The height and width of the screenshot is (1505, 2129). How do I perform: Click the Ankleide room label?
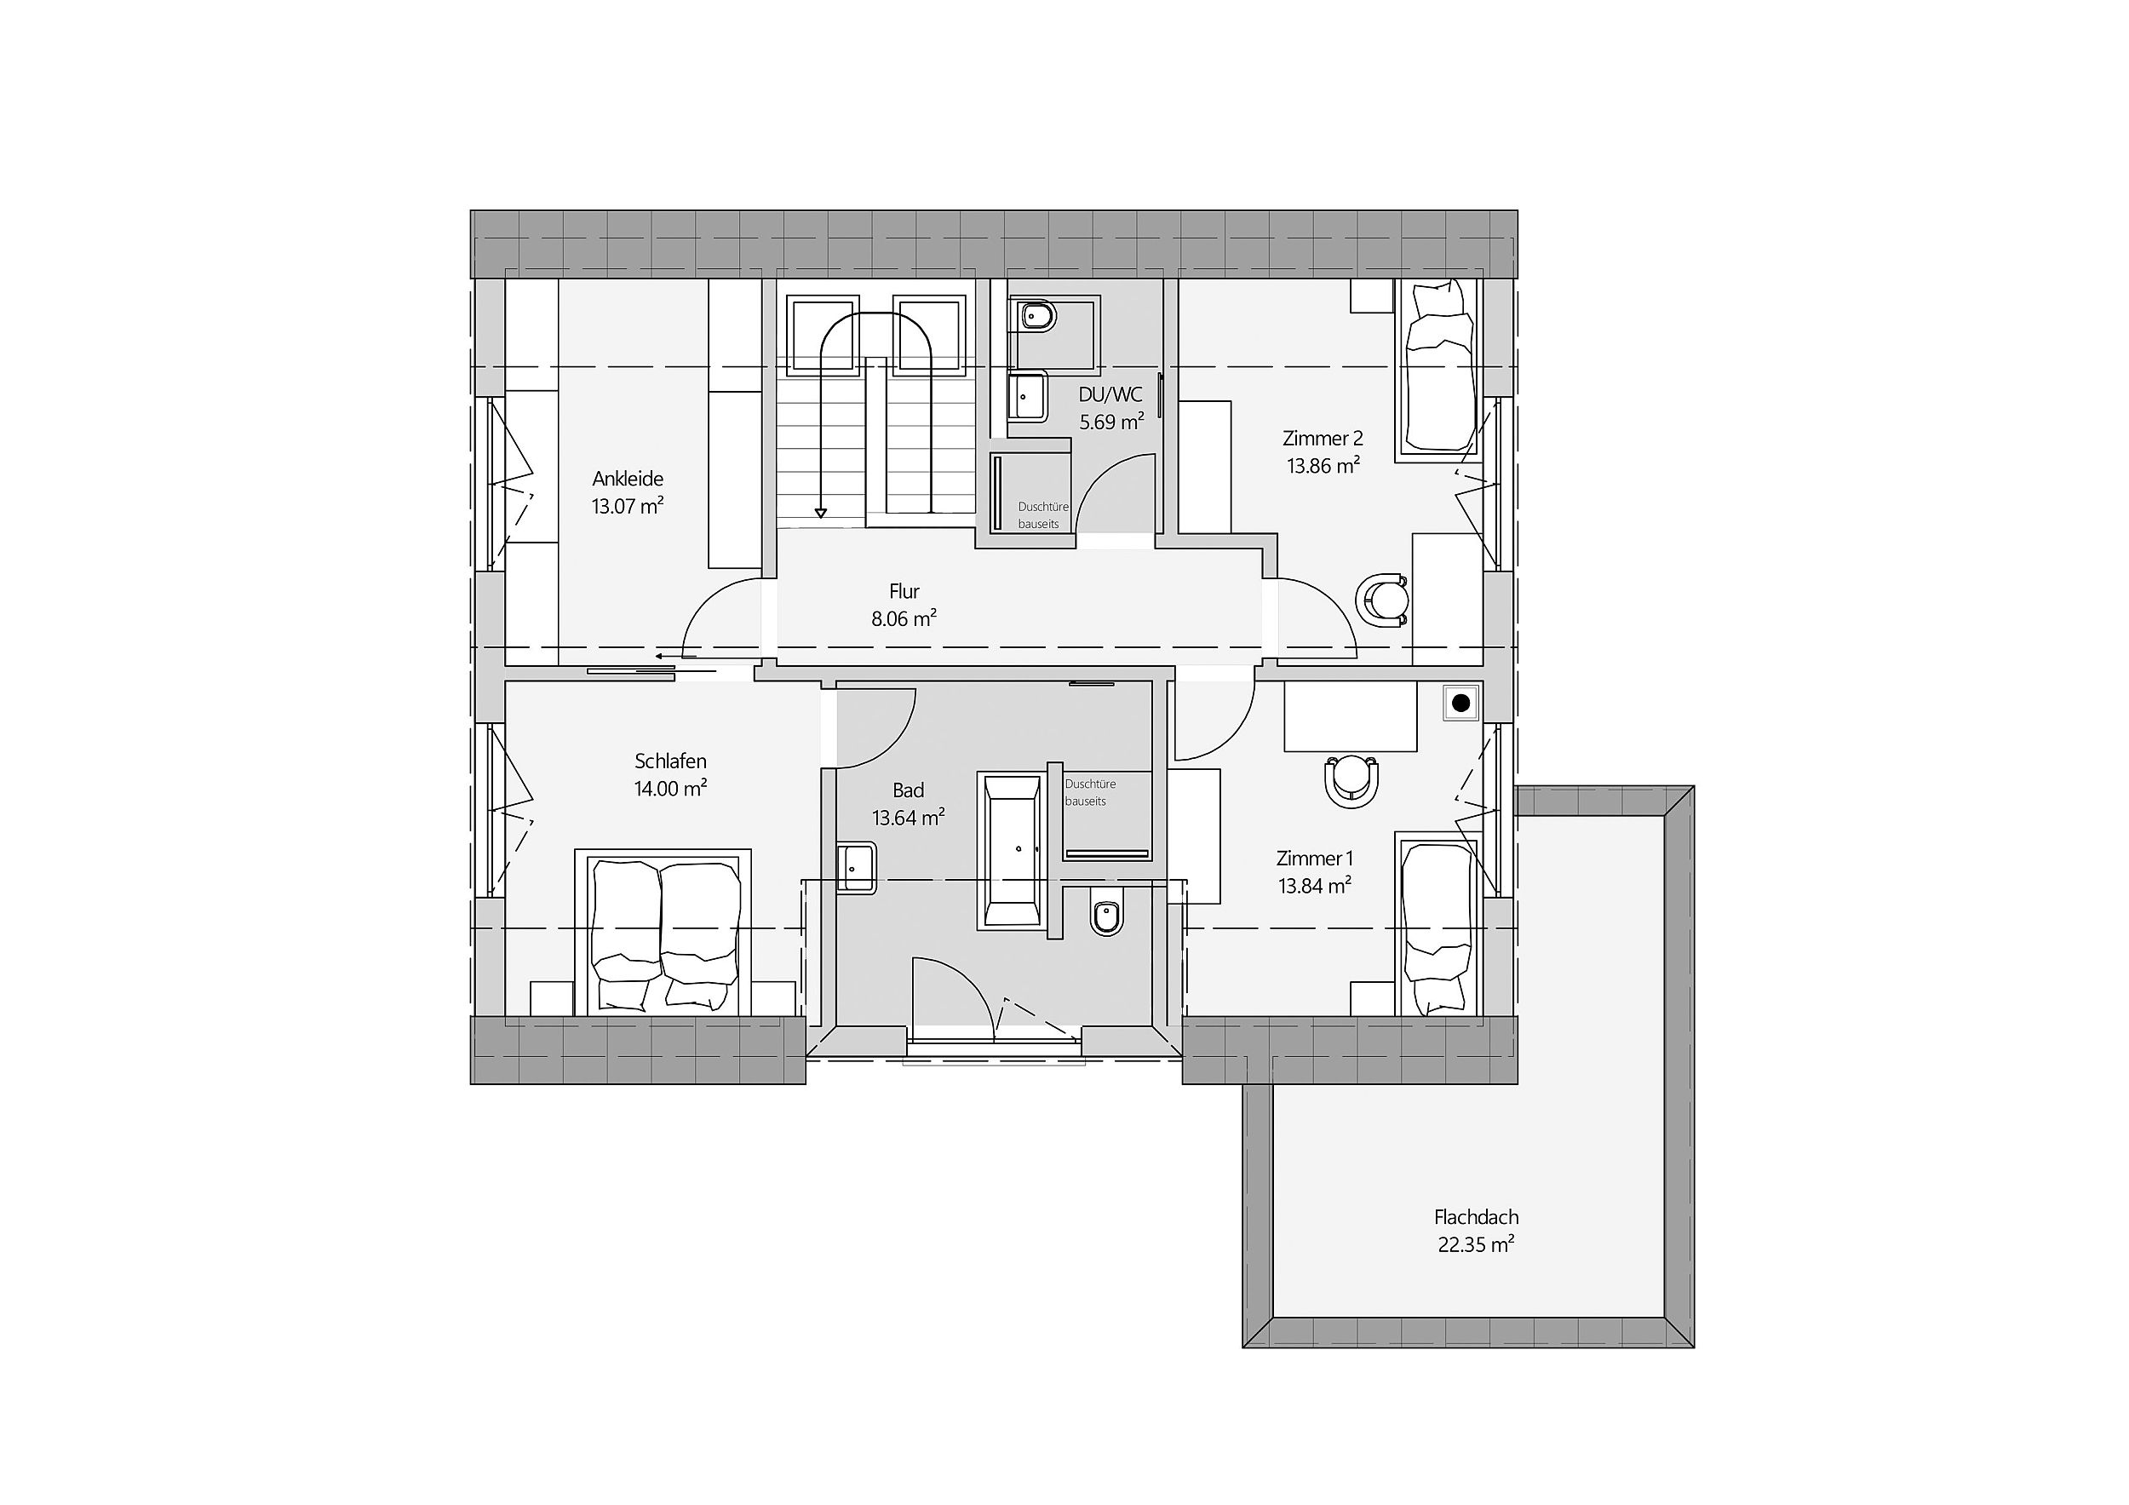[628, 479]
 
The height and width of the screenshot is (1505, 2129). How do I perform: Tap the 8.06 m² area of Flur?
[904, 618]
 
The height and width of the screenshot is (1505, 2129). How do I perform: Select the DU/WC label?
[1110, 394]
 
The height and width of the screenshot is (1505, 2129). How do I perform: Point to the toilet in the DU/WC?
[1036, 317]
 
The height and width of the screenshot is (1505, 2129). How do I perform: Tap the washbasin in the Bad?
[857, 868]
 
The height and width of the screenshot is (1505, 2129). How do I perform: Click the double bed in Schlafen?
[663, 931]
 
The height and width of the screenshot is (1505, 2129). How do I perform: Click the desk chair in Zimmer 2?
[1382, 599]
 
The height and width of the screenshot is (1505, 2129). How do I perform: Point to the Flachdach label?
[1476, 1216]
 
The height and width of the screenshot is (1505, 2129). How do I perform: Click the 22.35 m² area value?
[1476, 1244]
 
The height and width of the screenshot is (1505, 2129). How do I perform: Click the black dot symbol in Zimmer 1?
[1461, 703]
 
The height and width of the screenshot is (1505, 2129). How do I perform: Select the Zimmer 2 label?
[1323, 438]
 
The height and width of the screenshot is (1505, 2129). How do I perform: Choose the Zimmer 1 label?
[1315, 858]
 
